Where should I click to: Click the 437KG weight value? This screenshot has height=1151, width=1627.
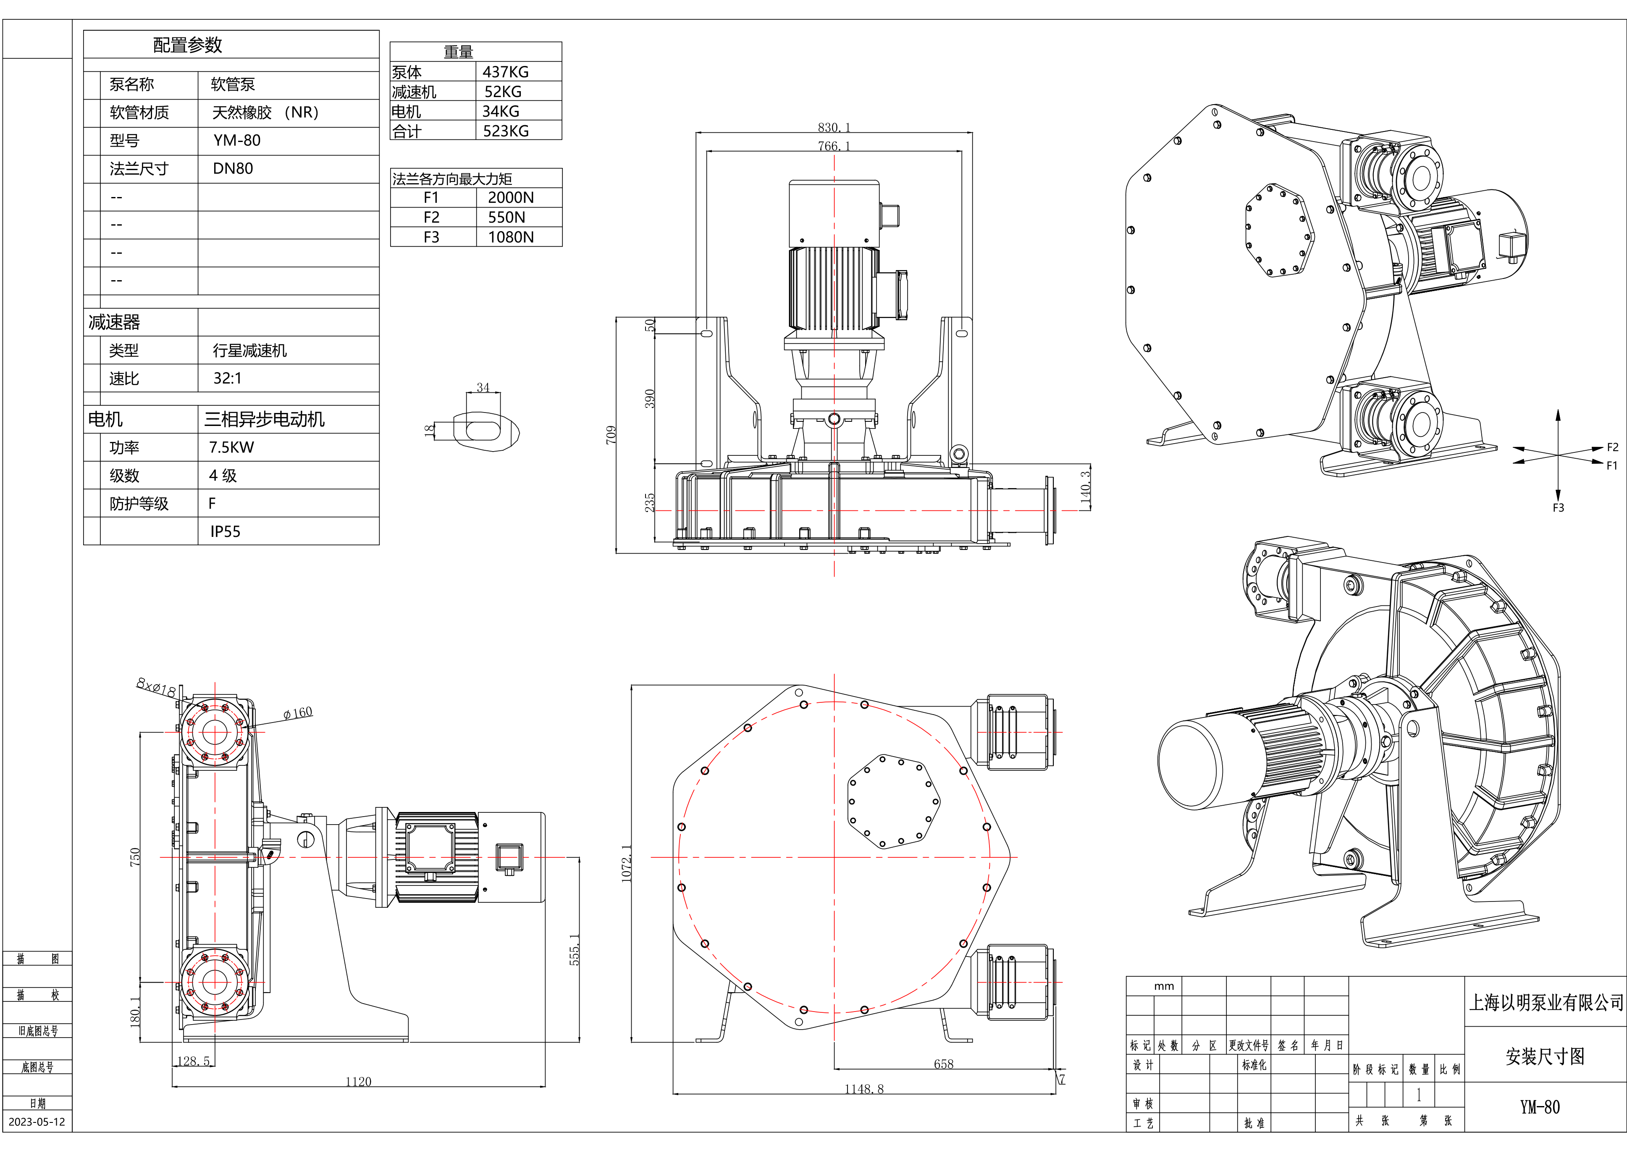pyautogui.click(x=505, y=71)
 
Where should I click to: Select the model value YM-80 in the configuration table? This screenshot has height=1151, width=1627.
pyautogui.click(x=237, y=140)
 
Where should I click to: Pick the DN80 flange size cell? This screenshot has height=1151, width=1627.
pyautogui.click(x=232, y=169)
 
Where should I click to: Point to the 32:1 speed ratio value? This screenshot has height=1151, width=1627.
pyautogui.click(x=228, y=378)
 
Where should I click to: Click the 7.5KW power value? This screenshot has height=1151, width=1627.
pyautogui.click(x=231, y=447)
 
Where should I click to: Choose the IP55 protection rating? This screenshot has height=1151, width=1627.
pyautogui.click(x=226, y=531)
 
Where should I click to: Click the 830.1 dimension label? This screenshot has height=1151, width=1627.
pyautogui.click(x=834, y=128)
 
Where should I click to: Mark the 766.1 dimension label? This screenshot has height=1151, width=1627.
pyautogui.click(x=834, y=146)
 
